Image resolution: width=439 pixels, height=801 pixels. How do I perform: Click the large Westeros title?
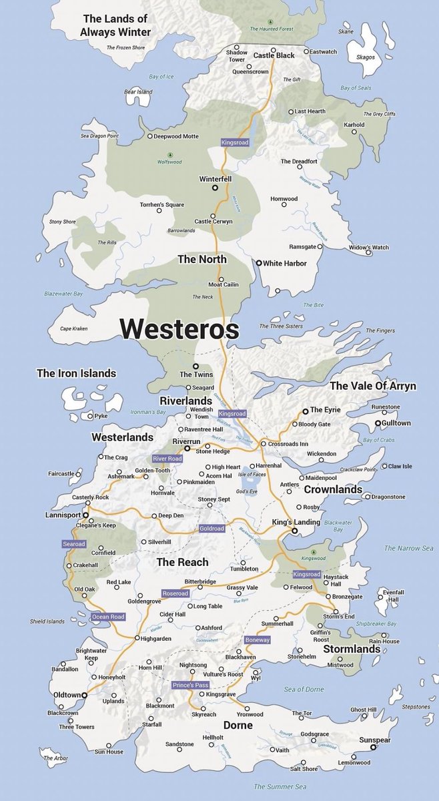(x=179, y=328)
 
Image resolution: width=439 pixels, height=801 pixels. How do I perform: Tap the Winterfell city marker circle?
(x=215, y=189)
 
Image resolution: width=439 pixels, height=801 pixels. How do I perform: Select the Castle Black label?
(x=274, y=55)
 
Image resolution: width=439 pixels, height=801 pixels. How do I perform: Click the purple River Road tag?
(x=167, y=459)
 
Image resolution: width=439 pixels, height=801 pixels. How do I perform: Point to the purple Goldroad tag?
(x=213, y=529)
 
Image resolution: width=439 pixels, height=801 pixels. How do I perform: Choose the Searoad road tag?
(x=74, y=544)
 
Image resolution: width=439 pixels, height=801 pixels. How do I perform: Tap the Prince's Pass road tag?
(x=190, y=685)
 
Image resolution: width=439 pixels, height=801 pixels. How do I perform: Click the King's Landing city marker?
(x=294, y=531)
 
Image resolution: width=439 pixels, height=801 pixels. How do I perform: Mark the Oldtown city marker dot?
(x=84, y=695)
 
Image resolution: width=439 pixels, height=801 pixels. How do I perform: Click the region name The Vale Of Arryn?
(x=372, y=386)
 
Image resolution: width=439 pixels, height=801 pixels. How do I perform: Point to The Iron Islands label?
(x=76, y=374)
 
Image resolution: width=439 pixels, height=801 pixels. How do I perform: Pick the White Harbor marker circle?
(x=259, y=263)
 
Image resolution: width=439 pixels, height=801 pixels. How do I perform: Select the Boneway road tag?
(x=258, y=639)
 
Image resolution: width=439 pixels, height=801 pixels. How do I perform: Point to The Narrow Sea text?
(x=409, y=548)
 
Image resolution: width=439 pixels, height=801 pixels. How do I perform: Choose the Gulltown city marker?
(x=377, y=423)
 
